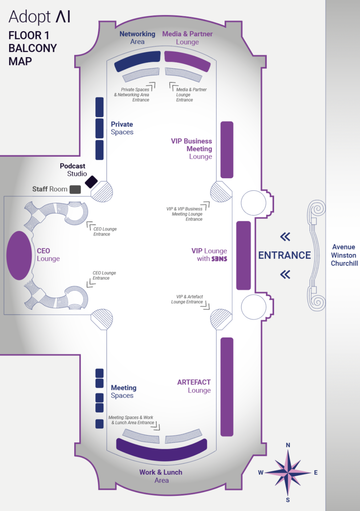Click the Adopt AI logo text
40,17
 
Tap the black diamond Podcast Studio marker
91,182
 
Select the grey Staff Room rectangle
75,189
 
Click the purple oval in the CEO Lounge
19,255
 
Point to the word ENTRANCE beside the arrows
284,255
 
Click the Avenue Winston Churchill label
344,255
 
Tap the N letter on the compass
288,445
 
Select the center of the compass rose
288,473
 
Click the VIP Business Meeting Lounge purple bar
227,150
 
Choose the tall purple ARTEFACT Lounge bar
227,387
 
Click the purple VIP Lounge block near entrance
243,255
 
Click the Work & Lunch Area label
161,476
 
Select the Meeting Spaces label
123,391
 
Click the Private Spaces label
122,128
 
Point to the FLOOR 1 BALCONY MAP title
32,48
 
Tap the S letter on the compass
288,500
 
